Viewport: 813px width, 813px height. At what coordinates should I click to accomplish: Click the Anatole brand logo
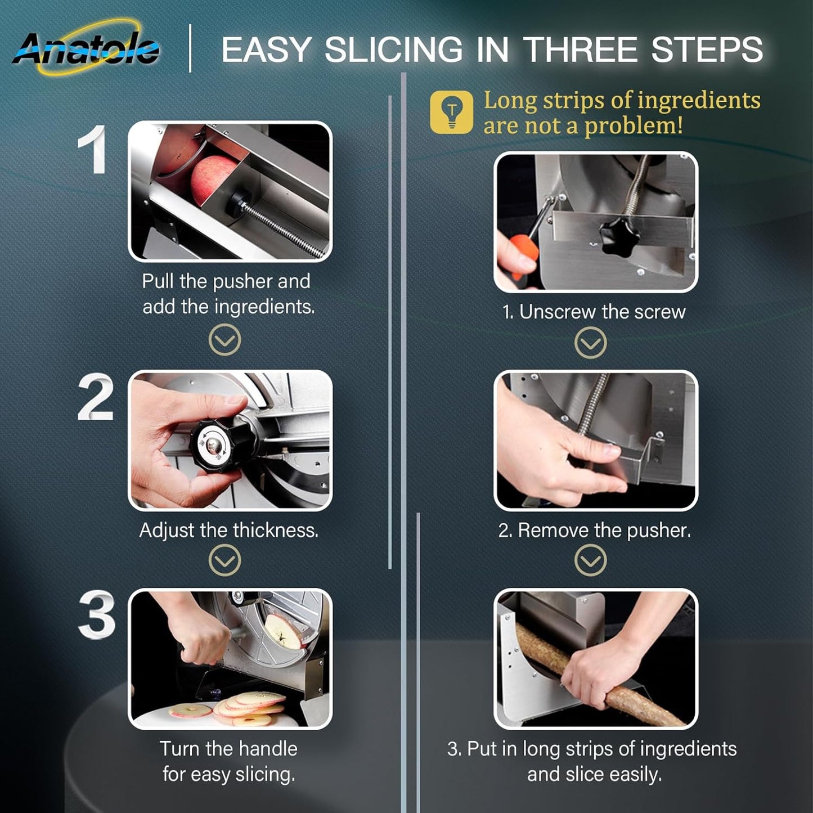86,48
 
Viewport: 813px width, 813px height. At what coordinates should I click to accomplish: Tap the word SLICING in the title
394,50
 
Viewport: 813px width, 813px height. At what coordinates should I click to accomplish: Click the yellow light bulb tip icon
451,112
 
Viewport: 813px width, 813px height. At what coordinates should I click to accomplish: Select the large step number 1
92,149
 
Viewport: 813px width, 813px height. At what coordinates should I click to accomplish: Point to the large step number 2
96,397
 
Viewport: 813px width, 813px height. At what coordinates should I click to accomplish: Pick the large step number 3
97,614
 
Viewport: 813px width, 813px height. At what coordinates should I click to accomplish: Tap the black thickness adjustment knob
224,444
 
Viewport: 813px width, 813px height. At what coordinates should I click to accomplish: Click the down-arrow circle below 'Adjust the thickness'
225,560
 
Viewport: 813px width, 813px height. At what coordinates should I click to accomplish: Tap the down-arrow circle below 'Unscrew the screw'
591,343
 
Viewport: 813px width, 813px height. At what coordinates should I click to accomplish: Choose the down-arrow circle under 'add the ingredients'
225,340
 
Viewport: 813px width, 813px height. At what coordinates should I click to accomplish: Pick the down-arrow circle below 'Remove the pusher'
591,560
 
